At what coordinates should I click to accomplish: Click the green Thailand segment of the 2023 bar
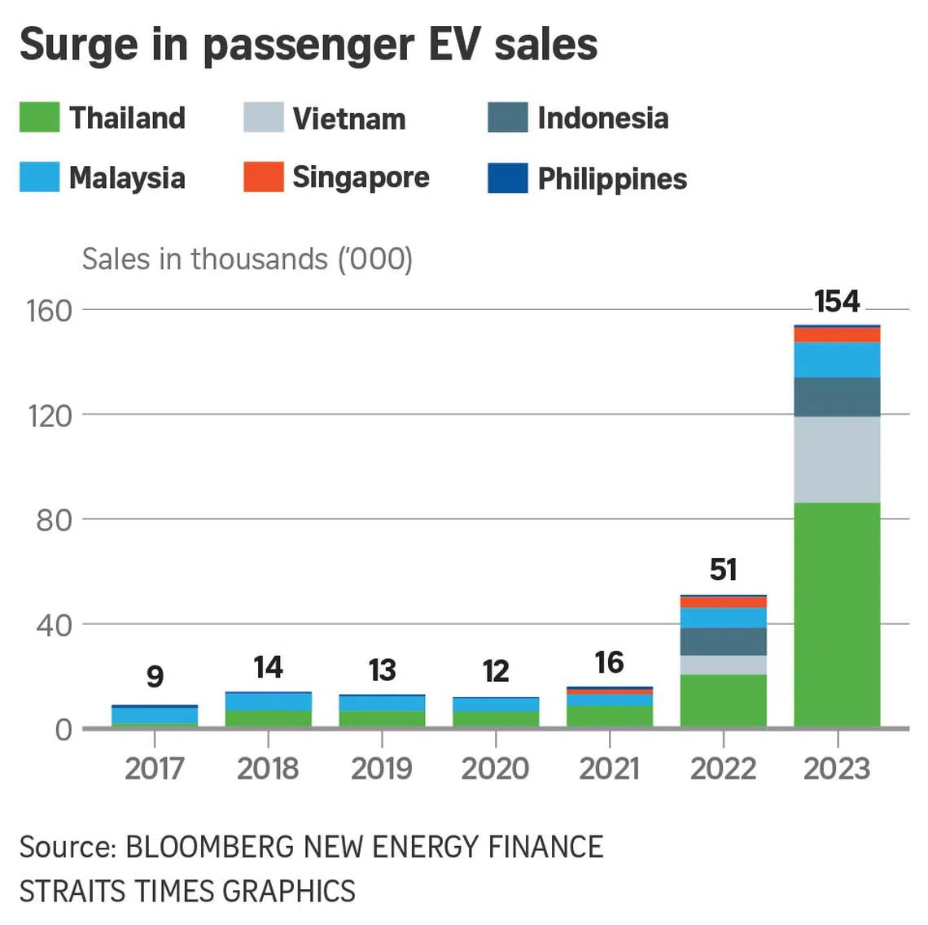pos(837,614)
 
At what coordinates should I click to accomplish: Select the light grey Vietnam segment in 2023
pos(837,460)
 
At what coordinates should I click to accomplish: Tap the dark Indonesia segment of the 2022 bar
pos(723,641)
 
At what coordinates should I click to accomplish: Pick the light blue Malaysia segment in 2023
pos(837,360)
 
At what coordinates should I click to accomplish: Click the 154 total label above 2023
pos(837,302)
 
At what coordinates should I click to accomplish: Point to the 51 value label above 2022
pos(723,569)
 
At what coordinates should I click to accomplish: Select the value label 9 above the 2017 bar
pos(155,676)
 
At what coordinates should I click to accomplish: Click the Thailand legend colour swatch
pos(39,117)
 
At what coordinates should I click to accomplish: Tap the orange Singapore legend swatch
pos(263,177)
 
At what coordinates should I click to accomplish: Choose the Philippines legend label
pos(612,179)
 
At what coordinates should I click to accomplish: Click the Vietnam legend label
pos(348,119)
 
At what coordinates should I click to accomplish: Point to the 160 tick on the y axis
pos(50,310)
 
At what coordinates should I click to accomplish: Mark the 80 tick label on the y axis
pos(54,520)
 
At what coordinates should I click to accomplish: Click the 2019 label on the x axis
pos(382,768)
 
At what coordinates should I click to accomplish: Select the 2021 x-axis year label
pos(609,768)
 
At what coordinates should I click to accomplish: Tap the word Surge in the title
pos(78,45)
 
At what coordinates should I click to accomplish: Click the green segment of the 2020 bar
pos(496,719)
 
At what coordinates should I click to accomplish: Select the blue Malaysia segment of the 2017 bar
pos(155,715)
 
